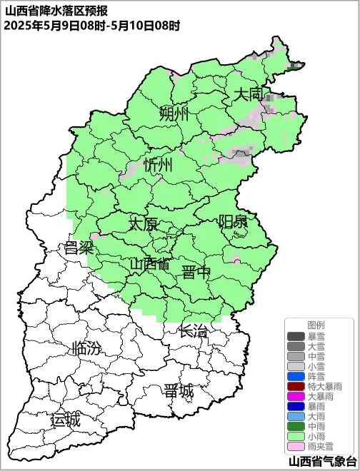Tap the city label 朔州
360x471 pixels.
tap(174, 114)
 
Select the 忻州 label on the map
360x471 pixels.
tap(158, 166)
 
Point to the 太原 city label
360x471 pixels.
tap(143, 224)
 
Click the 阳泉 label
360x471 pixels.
tap(233, 222)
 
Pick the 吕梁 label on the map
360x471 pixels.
tap(79, 248)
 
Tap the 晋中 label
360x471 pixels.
tap(196, 272)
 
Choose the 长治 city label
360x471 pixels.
tap(193, 330)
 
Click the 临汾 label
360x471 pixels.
tap(87, 349)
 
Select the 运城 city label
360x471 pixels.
tap(65, 420)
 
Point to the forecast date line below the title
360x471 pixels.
tap(91, 25)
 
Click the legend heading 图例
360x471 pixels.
tap(316, 325)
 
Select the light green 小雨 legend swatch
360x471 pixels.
tap(296, 435)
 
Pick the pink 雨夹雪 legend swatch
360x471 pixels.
tap(296, 445)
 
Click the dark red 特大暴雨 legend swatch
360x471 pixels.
tap(296, 386)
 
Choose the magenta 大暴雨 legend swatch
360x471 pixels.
tap(296, 396)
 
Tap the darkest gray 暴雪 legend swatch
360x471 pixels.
tap(296, 336)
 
